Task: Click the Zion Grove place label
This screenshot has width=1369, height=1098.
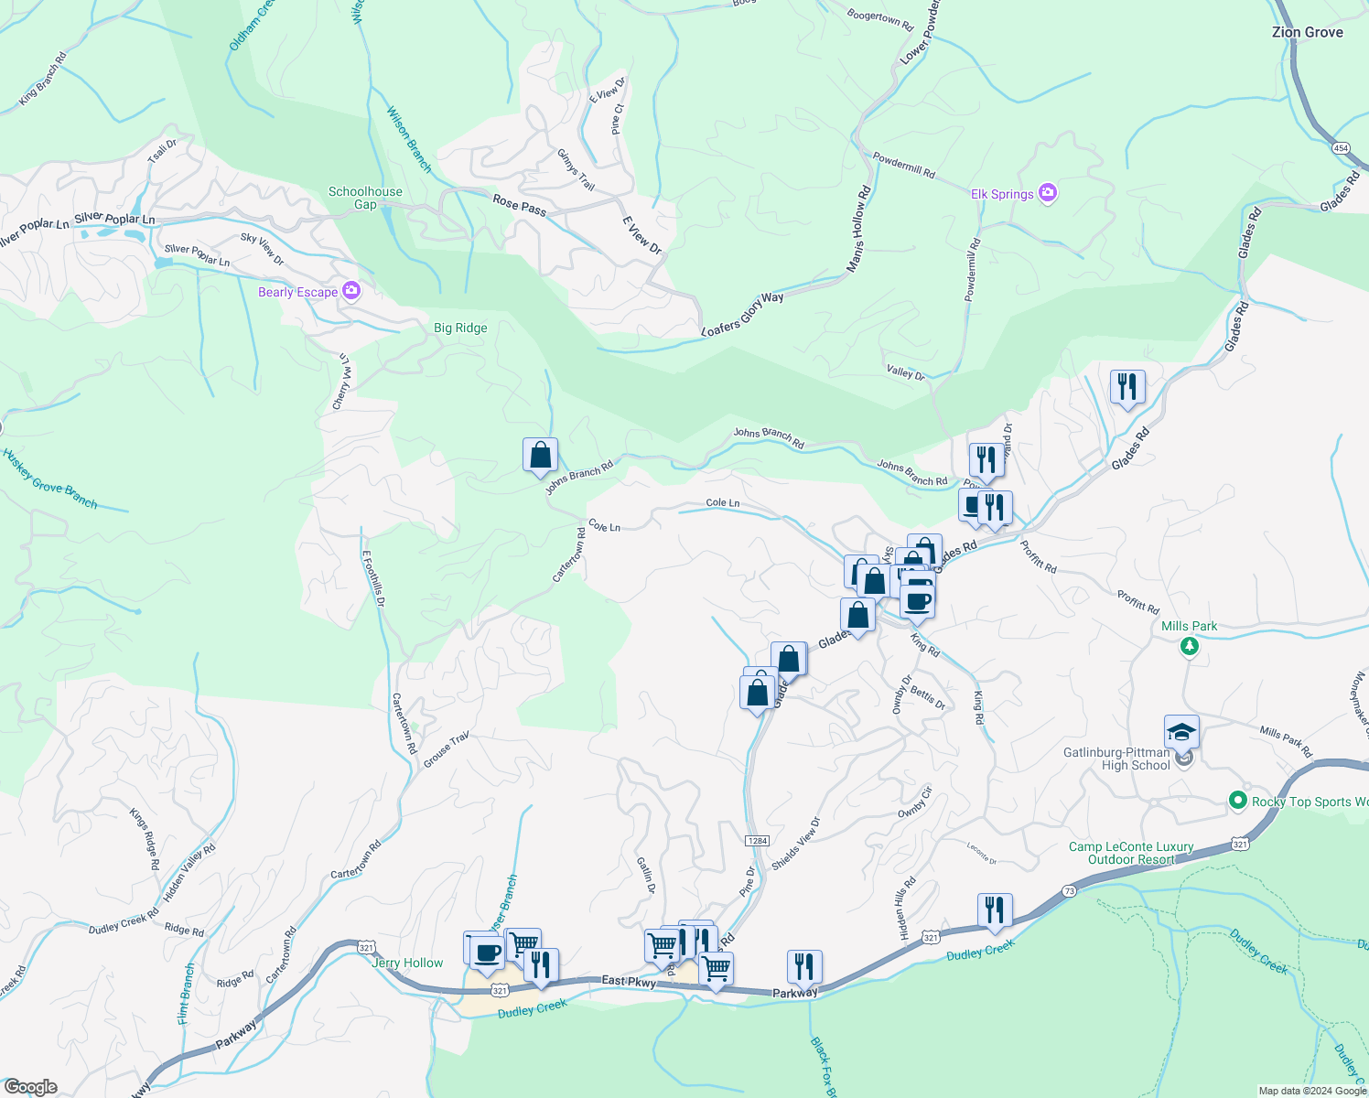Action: coord(1307,32)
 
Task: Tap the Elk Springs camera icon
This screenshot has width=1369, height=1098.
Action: coord(1049,193)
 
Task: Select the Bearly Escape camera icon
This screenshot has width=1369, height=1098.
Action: coord(351,291)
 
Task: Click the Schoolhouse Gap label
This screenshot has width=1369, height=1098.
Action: coord(365,198)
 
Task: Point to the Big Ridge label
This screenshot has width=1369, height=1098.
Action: coord(460,328)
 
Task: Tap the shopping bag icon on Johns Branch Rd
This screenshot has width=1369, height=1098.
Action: coord(540,455)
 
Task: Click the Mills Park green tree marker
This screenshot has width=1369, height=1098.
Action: coord(1189,647)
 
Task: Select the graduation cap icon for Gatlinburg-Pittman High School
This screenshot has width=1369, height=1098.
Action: coord(1181,732)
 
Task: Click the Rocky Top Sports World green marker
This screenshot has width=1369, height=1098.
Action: coord(1238,801)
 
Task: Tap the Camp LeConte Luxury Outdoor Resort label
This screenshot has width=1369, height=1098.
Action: coord(1131,853)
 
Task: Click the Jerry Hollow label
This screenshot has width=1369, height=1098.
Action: coord(407,963)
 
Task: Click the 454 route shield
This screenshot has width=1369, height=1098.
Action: coord(1341,147)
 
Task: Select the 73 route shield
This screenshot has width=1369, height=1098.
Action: coord(1069,890)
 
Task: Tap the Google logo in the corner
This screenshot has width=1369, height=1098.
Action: coord(30,1087)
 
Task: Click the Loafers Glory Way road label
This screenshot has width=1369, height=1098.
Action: coord(742,313)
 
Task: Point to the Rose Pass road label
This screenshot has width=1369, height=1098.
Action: coord(519,205)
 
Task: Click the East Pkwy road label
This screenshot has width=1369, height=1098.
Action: coord(628,981)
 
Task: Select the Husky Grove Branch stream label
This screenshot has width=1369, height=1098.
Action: coord(49,479)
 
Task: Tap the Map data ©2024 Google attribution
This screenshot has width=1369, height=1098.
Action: coord(1312,1091)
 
